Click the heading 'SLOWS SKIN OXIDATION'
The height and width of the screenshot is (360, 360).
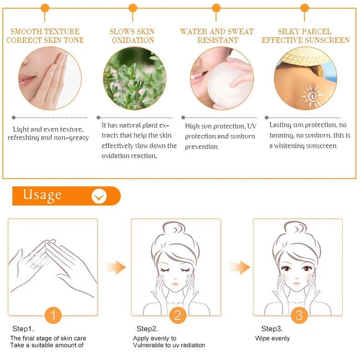pyautogui.click(x=132, y=36)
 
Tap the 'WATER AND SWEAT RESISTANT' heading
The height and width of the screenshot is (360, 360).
pyautogui.click(x=217, y=36)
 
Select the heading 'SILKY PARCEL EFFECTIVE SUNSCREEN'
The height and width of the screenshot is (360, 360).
pyautogui.click(x=305, y=36)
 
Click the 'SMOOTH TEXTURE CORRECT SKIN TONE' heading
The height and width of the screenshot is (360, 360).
pyautogui.click(x=45, y=36)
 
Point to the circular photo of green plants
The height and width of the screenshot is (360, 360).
pyautogui.click(x=134, y=78)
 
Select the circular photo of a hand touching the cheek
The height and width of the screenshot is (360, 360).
pyautogui.click(x=50, y=78)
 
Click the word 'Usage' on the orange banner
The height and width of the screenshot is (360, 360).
pyautogui.click(x=42, y=195)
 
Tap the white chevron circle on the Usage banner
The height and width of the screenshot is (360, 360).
pyautogui.click(x=99, y=196)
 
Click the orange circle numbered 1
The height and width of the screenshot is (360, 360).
pyautogui.click(x=53, y=315)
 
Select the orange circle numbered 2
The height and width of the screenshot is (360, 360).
pyautogui.click(x=178, y=315)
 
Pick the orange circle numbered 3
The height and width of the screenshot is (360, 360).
pyautogui.click(x=299, y=315)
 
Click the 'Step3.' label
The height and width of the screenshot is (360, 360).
pyautogui.click(x=272, y=329)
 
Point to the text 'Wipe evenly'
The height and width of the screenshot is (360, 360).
pyautogui.click(x=272, y=338)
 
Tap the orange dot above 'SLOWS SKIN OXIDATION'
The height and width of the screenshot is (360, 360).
pyautogui.click(x=133, y=8)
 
